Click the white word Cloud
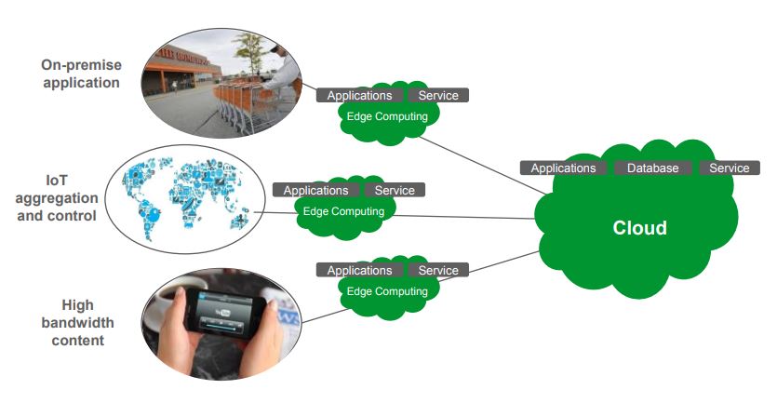pyautogui.click(x=639, y=228)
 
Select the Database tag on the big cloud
pyautogui.click(x=652, y=168)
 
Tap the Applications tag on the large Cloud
pyautogui.click(x=563, y=168)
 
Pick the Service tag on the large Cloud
pyautogui.click(x=729, y=168)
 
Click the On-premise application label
pyautogui.click(x=80, y=74)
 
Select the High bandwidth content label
pyautogui.click(x=77, y=322)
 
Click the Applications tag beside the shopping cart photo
pyautogui.click(x=359, y=95)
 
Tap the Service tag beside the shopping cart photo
pyautogui.click(x=437, y=95)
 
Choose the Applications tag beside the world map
pyautogui.click(x=316, y=190)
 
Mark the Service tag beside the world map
pyautogui.click(x=395, y=190)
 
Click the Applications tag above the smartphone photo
pyautogui.click(x=359, y=270)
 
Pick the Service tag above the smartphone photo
pyautogui.click(x=437, y=270)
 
